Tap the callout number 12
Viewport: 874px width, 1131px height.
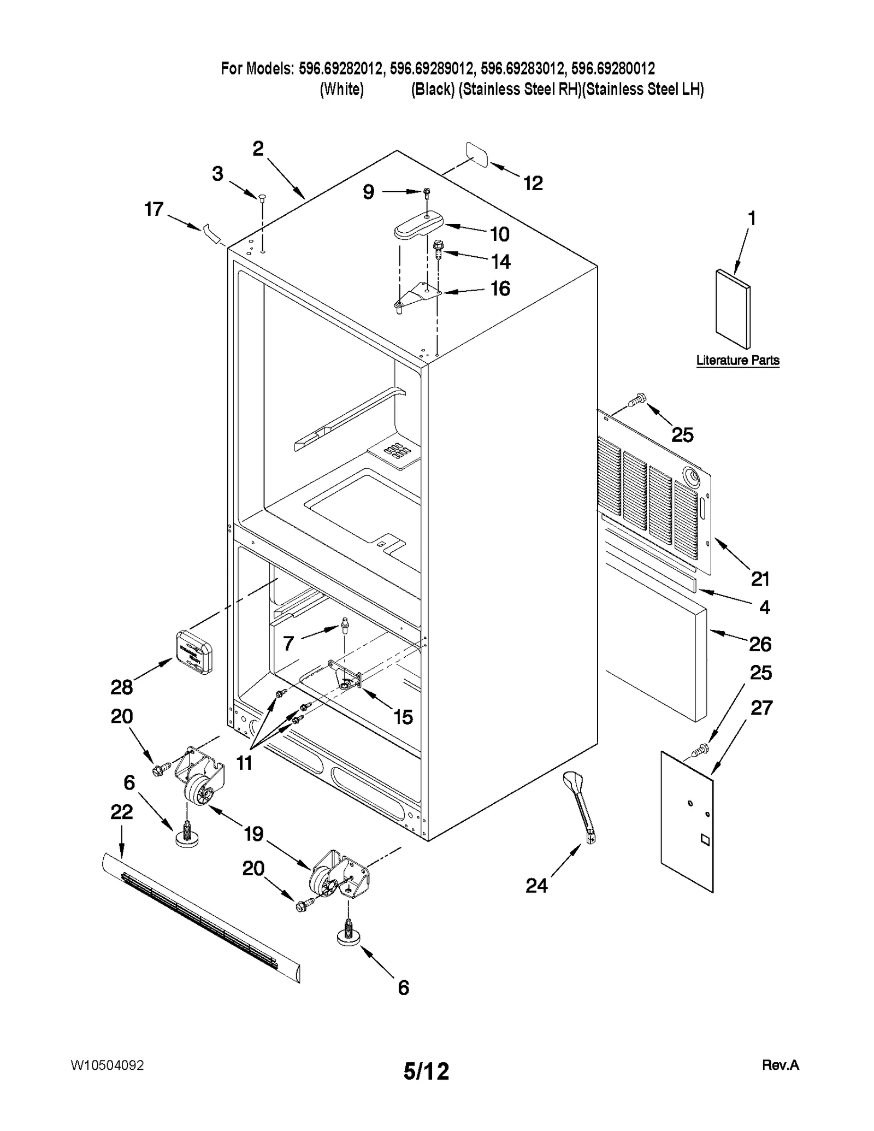click(533, 184)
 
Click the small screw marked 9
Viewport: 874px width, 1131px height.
click(427, 192)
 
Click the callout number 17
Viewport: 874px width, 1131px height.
click(153, 209)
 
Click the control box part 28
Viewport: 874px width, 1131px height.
click(193, 651)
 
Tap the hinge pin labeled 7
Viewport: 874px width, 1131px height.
click(345, 624)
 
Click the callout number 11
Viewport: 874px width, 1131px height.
click(244, 762)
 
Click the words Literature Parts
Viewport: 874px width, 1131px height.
click(737, 360)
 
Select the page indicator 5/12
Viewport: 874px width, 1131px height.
click(426, 1071)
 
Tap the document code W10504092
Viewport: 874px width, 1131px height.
click(107, 1065)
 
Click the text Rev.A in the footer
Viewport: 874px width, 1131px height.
click(780, 1065)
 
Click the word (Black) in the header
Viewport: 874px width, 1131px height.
click(433, 89)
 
